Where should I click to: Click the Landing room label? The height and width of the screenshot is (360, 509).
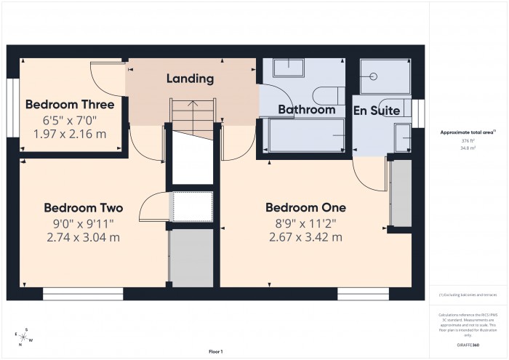point(190,79)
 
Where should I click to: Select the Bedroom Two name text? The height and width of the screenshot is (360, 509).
point(83,207)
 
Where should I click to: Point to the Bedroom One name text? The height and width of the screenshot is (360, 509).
point(305,207)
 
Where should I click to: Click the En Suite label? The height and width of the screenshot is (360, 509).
point(377,111)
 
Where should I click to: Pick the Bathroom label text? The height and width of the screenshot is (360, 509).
point(307,111)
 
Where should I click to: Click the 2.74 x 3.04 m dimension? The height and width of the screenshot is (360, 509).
point(83,237)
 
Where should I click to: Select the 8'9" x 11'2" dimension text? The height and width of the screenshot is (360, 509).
point(305,223)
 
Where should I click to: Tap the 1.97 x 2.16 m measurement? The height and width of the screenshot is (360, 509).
point(70,134)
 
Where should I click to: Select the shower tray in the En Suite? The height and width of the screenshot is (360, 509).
point(385,76)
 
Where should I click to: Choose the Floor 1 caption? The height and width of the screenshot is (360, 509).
point(215,351)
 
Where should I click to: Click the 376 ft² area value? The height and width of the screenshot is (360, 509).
point(468,140)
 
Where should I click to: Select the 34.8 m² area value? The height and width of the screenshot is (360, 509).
point(468,148)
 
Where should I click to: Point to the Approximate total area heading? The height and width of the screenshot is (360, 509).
point(468,132)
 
